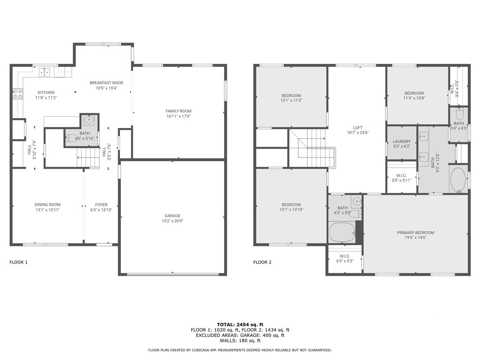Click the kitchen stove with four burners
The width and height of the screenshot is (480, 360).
click(x=18, y=94)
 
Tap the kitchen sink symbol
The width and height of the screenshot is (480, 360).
click(x=45, y=72)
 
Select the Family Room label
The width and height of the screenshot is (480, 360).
click(x=179, y=111)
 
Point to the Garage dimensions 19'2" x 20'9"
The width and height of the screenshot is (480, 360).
click(x=172, y=221)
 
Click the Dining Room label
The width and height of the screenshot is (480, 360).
click(x=47, y=204)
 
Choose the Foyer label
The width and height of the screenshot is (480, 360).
click(x=101, y=204)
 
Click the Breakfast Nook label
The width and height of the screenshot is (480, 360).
click(x=106, y=82)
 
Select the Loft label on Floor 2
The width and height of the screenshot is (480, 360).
click(x=358, y=127)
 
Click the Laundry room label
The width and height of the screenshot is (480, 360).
click(x=402, y=142)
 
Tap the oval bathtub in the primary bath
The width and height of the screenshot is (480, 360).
click(x=458, y=179)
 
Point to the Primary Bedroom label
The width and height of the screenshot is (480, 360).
click(x=415, y=232)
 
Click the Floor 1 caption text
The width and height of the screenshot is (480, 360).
click(x=18, y=262)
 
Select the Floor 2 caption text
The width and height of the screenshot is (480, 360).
click(x=262, y=262)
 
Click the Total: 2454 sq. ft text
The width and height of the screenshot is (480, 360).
click(x=240, y=324)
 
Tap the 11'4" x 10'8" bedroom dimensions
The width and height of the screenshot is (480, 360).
click(x=414, y=98)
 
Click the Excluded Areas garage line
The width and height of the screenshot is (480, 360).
click(x=240, y=335)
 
